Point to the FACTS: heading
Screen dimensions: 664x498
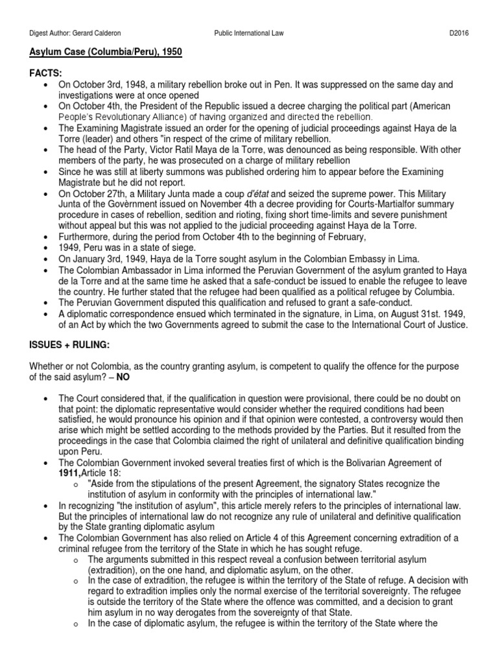pyautogui.click(x=47, y=74)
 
